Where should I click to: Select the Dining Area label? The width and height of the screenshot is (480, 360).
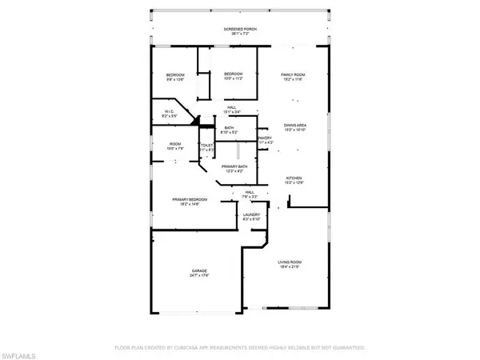(x=295, y=125)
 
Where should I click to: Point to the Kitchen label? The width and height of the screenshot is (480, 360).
(x=295, y=178)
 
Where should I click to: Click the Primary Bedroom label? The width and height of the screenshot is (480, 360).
(x=190, y=198)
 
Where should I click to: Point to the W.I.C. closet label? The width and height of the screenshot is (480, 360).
(x=170, y=111)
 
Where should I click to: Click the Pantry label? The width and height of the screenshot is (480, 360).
(x=266, y=138)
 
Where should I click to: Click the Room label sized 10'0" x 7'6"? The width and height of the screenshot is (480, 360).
(x=175, y=144)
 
